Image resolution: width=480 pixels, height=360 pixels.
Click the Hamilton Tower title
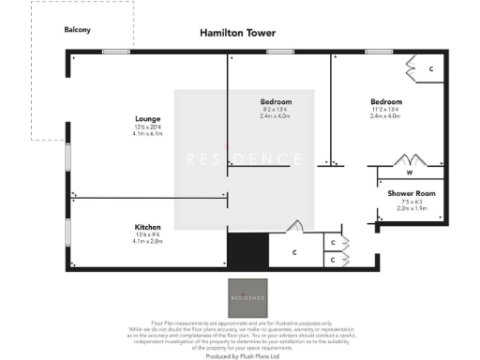point(237,33)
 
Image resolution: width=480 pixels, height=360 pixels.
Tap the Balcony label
point(77,30)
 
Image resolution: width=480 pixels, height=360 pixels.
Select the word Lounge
point(148,119)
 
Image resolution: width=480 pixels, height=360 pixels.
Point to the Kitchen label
point(148,227)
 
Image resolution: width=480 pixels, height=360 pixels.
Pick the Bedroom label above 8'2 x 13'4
point(276,101)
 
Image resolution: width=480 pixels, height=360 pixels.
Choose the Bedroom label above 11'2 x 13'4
point(385,101)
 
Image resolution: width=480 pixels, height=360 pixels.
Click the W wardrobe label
point(410,172)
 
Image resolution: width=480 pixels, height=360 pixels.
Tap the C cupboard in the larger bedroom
point(430,69)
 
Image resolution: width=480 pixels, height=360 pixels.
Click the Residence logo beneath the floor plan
point(247,296)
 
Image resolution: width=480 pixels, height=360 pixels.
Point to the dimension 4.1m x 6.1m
point(148,134)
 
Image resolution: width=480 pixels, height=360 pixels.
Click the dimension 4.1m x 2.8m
point(148,242)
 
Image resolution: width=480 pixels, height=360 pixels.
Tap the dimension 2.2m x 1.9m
point(411,208)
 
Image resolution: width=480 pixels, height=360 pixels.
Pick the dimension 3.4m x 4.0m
point(385,116)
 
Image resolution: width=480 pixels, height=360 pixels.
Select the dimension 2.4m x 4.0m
point(276,116)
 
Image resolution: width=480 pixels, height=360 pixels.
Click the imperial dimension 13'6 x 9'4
point(148,235)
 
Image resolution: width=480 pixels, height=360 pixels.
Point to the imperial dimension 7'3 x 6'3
point(411,202)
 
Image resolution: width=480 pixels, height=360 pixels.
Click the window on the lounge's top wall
point(115,51)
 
